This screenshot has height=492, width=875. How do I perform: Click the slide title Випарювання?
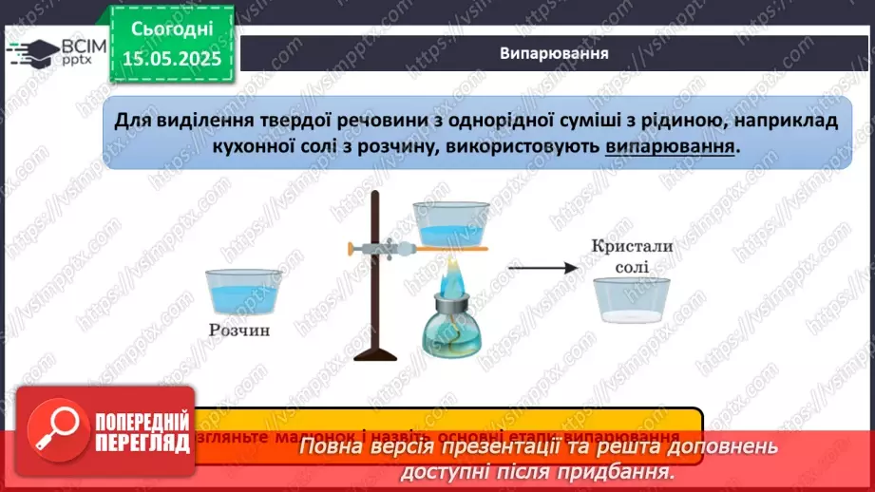(x=554, y=53)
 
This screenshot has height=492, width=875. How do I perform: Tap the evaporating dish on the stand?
(x=450, y=224)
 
